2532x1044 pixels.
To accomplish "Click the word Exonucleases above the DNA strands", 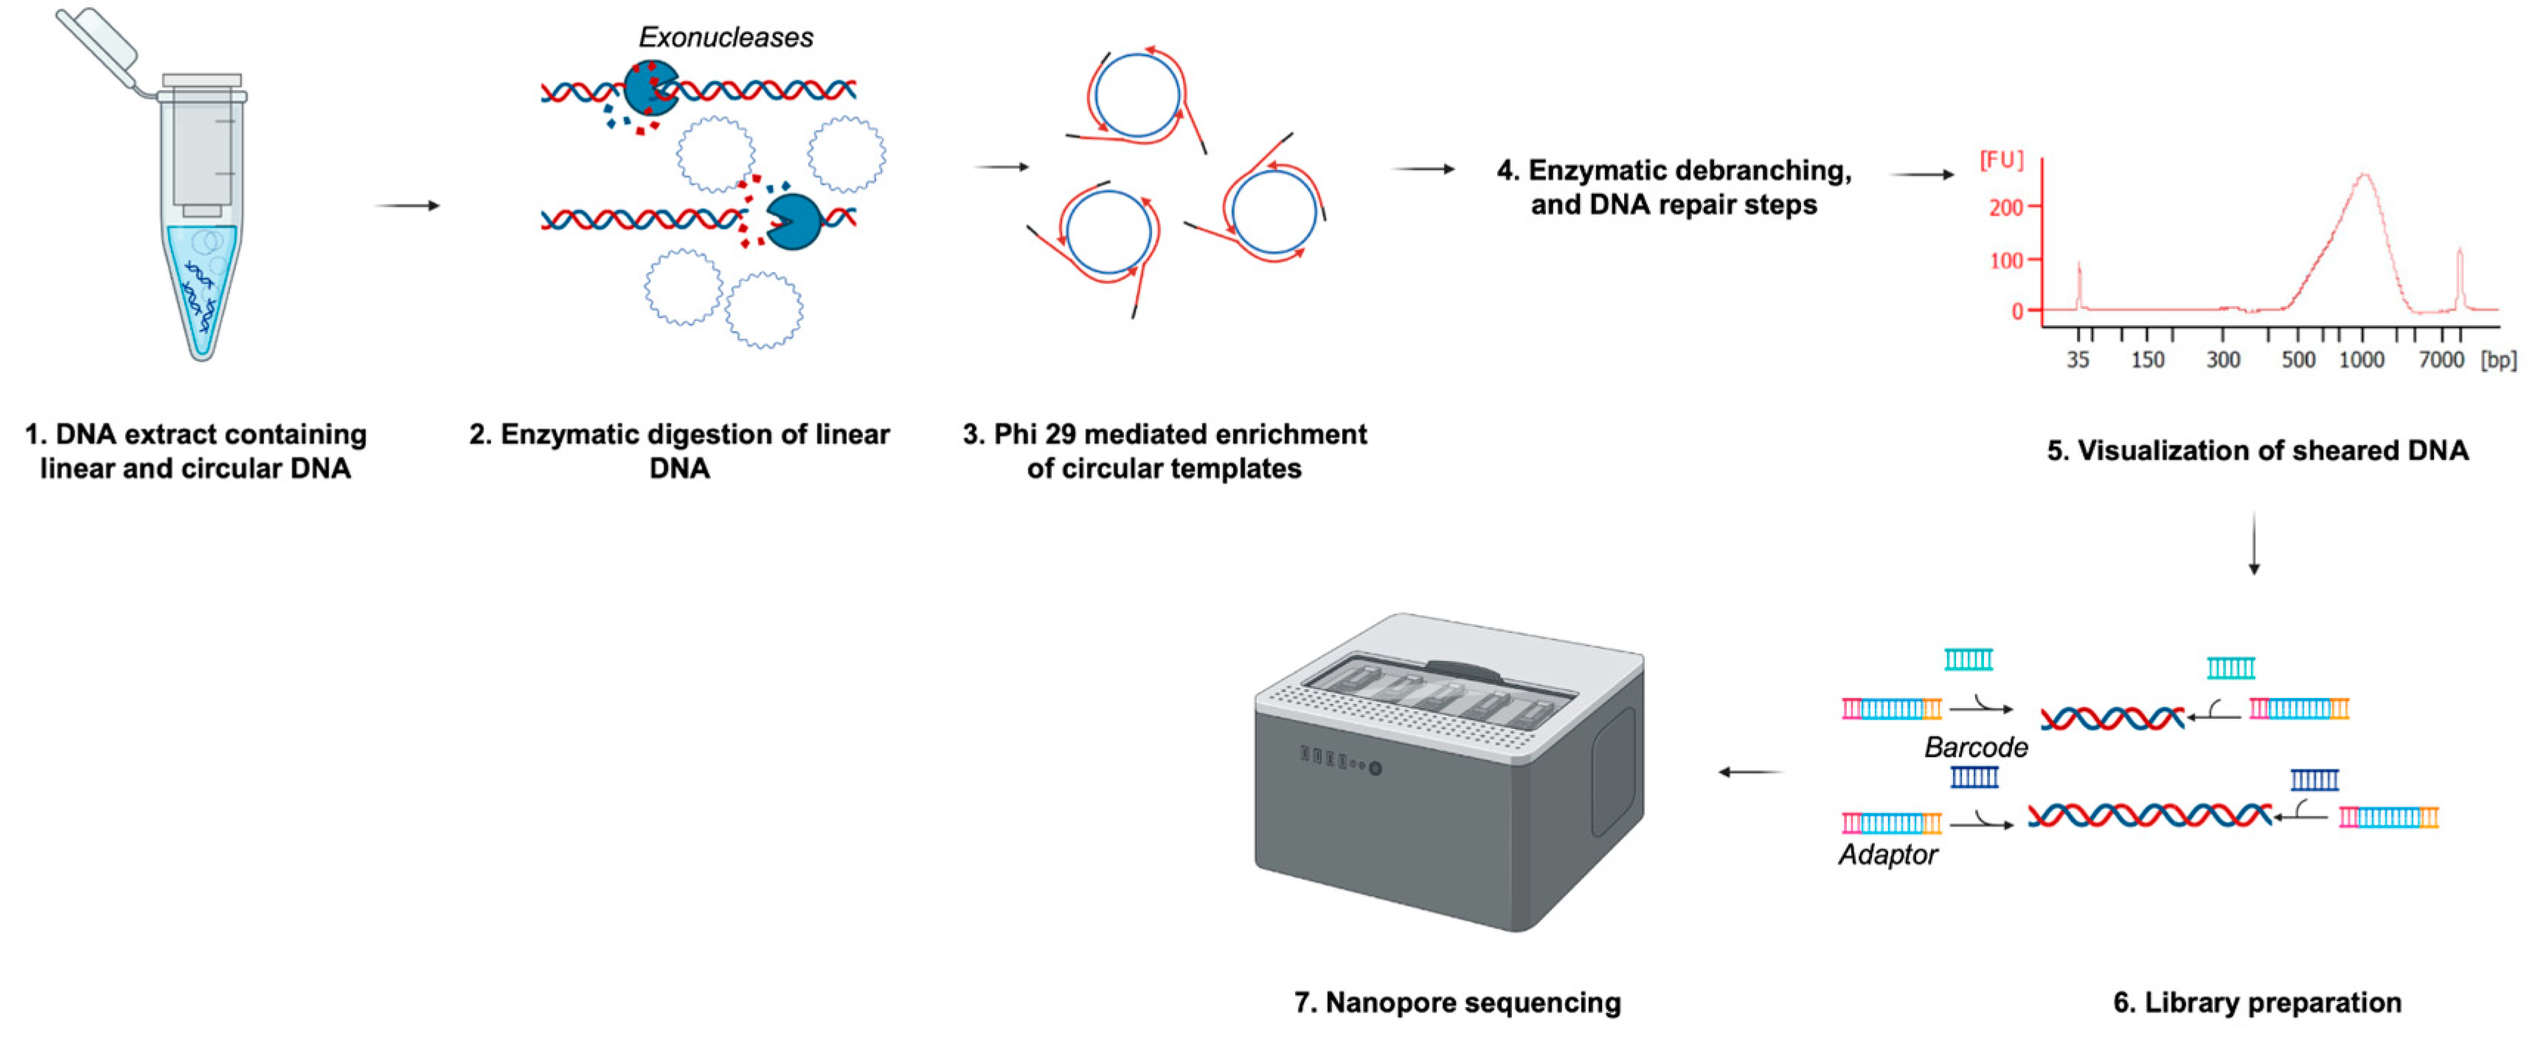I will pos(726,38).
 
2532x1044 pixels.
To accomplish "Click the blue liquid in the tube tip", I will pos(201,295).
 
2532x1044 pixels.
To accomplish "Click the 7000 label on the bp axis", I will pos(2441,361).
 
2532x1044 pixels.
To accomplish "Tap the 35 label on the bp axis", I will pos(2077,361).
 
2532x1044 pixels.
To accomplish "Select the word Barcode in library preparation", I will pos(1976,747).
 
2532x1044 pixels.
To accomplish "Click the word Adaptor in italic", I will pos(1887,854).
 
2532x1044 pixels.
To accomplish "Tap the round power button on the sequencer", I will pos(1375,769).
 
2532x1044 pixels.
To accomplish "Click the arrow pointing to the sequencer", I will pos(1752,772).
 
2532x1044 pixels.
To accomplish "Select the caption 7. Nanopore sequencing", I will pos(1457,1003).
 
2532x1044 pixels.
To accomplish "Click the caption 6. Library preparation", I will pos(2257,1003).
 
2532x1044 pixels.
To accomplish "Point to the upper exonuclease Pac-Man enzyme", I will pos(649,89).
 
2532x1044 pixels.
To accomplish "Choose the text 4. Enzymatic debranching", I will pos(1673,170).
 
